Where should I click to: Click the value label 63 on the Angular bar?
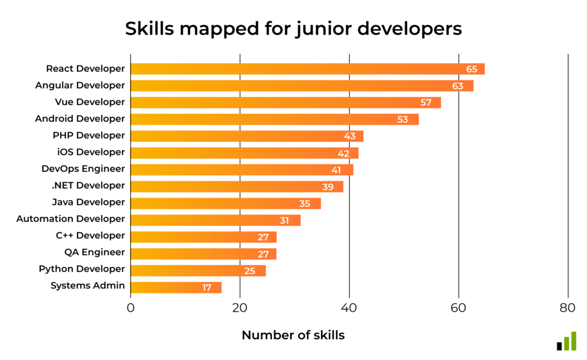pos(457,86)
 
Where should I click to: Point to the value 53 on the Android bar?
pos(403,119)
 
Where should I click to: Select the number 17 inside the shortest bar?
pos(207,288)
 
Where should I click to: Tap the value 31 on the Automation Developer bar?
pos(285,221)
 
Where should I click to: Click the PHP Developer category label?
pos(88,135)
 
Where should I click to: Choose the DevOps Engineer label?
pos(83,169)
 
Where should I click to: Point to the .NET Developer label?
pos(88,185)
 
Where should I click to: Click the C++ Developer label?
pos(90,236)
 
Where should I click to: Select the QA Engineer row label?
pos(95,252)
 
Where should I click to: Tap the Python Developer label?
pos(82,269)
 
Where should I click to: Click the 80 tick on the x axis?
pos(568,308)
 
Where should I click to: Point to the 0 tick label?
pos(131,308)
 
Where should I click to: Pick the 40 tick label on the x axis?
pos(349,308)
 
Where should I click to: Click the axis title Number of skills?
pos(293,335)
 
